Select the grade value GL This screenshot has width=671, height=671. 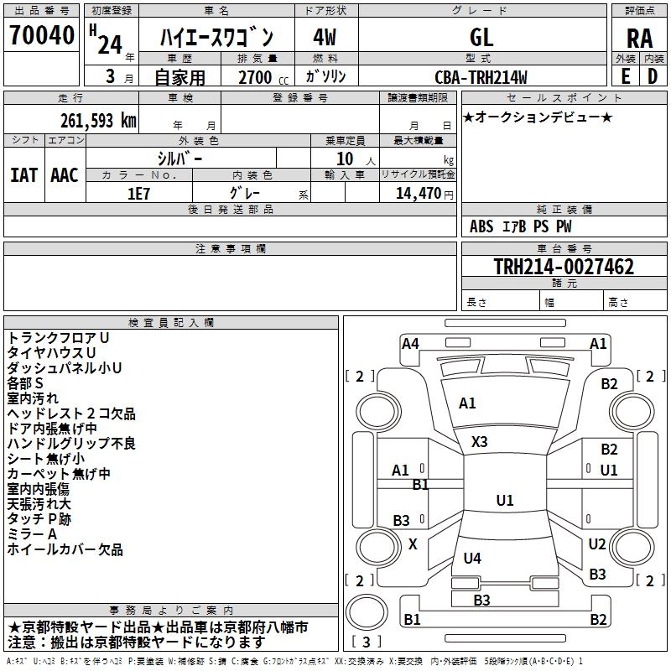(x=481, y=37)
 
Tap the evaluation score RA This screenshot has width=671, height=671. (x=639, y=39)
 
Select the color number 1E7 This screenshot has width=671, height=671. (x=138, y=193)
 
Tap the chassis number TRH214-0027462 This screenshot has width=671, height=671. (x=563, y=267)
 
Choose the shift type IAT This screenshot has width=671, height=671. (x=23, y=174)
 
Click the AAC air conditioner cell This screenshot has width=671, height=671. (x=65, y=174)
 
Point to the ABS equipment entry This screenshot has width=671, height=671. (x=481, y=226)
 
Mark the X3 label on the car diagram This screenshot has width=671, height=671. (x=480, y=441)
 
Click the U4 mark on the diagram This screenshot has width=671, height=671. (x=472, y=558)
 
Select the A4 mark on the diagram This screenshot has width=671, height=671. (x=410, y=343)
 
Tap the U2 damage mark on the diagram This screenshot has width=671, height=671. (x=596, y=544)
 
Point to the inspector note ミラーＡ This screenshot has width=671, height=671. (x=32, y=534)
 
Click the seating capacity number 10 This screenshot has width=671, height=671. (x=345, y=159)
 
